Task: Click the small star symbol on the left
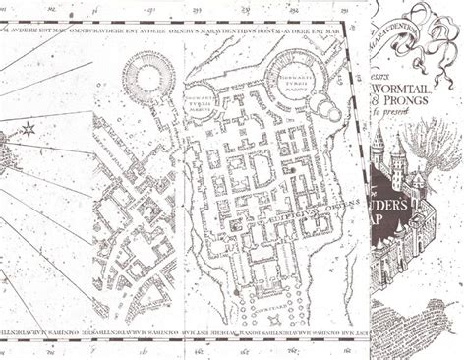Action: (28, 129)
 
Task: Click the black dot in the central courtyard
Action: (293, 170)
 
